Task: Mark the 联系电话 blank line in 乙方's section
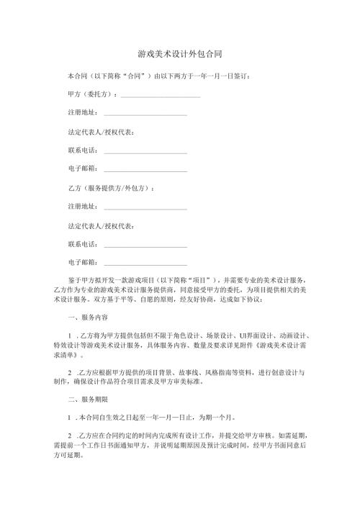[145, 244]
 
